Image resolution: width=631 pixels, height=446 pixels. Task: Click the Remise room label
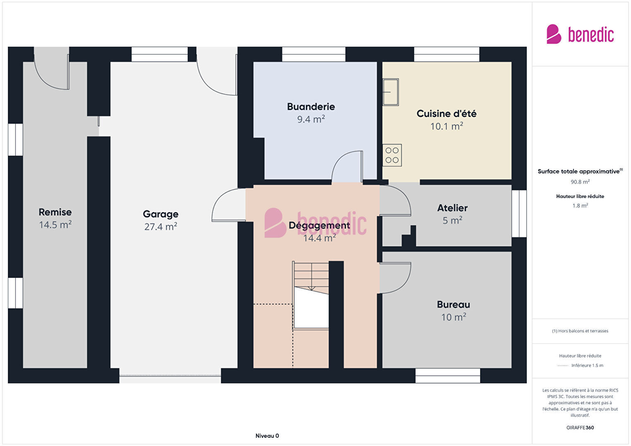point(55,212)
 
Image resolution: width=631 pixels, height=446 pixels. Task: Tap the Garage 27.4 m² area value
point(160,227)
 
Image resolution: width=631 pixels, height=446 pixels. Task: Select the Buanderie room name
point(311,107)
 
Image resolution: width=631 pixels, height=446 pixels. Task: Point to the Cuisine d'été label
point(447,114)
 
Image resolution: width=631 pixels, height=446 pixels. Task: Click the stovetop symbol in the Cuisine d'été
point(392,155)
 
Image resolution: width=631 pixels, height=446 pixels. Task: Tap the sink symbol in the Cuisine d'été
point(390,92)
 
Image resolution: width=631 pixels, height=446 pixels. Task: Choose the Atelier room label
point(452,208)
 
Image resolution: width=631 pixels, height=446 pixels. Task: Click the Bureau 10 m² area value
point(454,317)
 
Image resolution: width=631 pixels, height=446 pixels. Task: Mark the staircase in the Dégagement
point(311,296)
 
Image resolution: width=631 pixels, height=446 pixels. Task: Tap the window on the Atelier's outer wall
point(519,213)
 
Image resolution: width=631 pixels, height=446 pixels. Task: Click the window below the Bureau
point(448,376)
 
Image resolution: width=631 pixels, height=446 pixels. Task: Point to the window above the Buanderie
point(313,54)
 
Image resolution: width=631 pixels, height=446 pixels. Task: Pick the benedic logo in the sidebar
point(580,34)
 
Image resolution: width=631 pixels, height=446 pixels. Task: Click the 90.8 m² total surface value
point(580,182)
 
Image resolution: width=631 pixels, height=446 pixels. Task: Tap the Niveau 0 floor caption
point(267,436)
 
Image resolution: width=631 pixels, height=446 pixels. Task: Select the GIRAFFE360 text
point(580,427)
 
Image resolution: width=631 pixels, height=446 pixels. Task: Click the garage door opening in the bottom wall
point(170,376)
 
